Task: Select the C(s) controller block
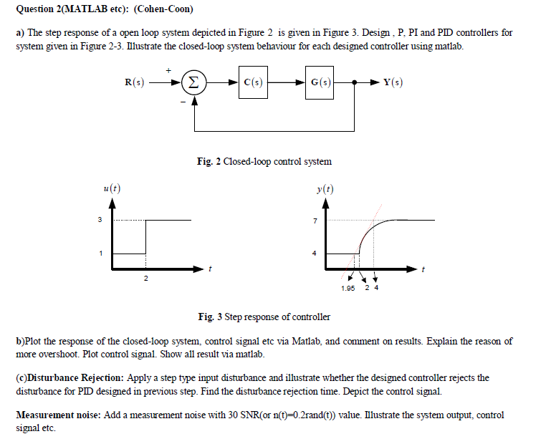[252, 82]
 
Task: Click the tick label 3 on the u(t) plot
[100, 219]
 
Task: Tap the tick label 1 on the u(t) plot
[100, 253]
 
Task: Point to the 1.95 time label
[348, 288]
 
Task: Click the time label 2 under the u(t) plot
[146, 278]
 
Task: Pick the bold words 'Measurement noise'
[55, 415]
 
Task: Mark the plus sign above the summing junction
[169, 69]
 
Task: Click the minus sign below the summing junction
[183, 102]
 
